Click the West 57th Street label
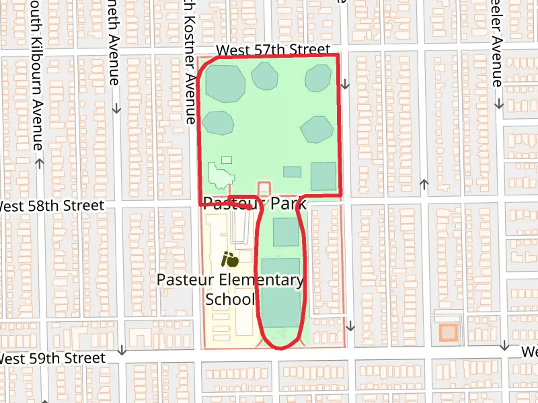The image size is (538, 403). click(x=273, y=50)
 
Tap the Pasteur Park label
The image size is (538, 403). click(x=255, y=203)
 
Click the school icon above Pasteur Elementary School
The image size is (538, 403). click(x=230, y=257)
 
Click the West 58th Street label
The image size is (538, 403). click(x=52, y=206)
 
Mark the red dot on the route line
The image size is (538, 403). click(x=249, y=208)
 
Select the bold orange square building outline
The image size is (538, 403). click(x=448, y=332)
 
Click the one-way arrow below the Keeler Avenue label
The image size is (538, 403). click(x=499, y=105)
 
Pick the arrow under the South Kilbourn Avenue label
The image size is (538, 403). click(x=39, y=163)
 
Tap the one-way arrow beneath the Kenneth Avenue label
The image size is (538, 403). click(x=116, y=107)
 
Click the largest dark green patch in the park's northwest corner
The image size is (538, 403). click(x=225, y=83)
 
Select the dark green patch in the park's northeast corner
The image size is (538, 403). click(x=318, y=79)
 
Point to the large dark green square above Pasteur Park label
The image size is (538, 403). click(x=323, y=177)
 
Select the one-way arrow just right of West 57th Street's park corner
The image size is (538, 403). click(x=346, y=85)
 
